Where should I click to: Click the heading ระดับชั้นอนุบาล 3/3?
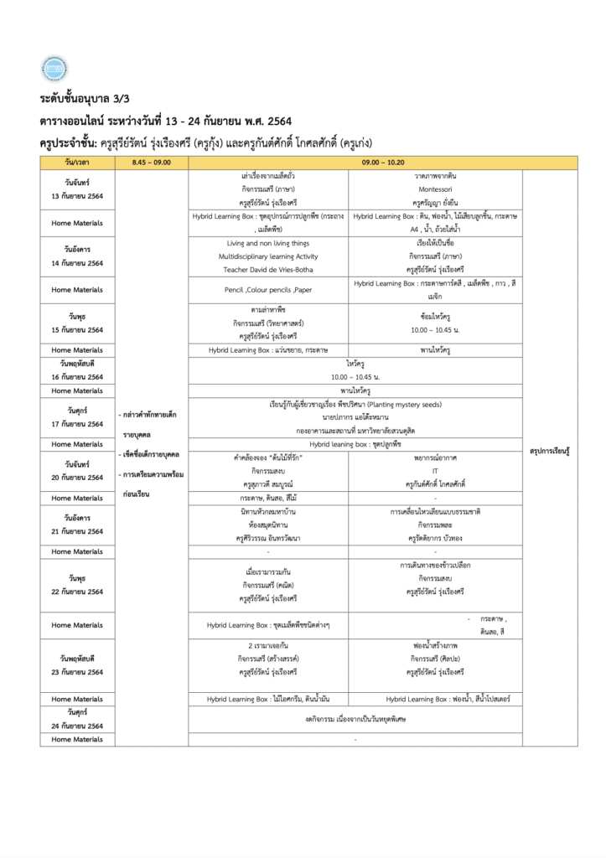coord(80,99)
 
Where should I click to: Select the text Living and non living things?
coord(268,242)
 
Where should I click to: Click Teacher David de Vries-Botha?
coord(268,270)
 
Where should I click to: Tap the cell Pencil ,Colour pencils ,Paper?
coord(268,290)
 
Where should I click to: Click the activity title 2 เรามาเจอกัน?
coord(268,645)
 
